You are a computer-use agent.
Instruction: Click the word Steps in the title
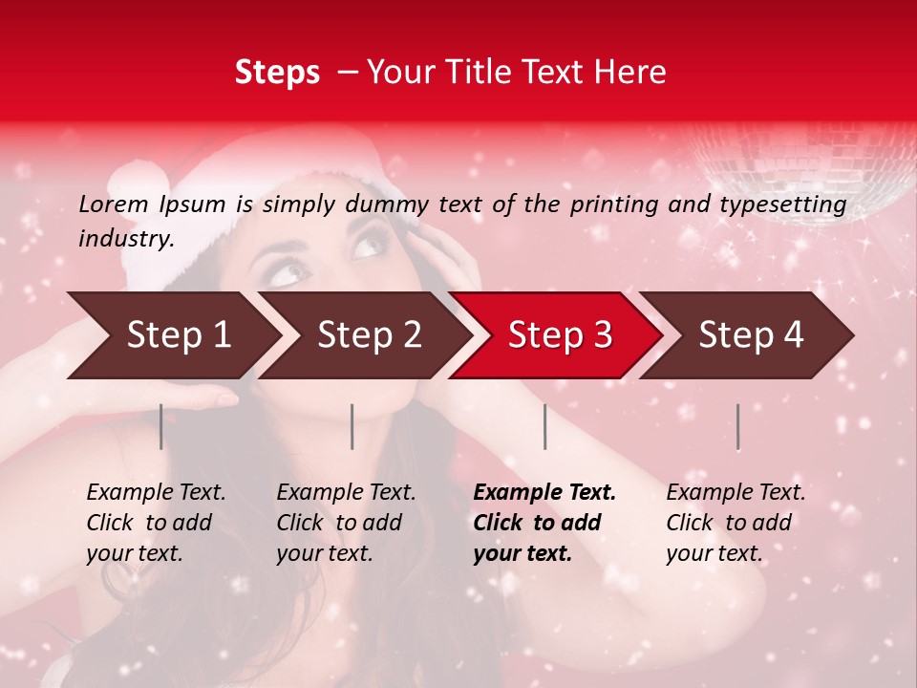[277, 73]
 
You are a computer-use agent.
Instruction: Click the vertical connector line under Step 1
[160, 426]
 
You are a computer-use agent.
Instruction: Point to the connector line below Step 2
[352, 426]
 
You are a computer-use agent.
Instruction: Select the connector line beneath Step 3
[544, 426]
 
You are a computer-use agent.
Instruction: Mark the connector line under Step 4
[737, 426]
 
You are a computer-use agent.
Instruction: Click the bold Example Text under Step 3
[544, 523]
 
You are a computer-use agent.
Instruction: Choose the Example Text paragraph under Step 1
[156, 523]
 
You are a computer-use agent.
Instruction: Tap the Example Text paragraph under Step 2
[346, 523]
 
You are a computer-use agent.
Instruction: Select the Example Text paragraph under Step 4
[736, 523]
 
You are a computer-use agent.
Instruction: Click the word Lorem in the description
[114, 204]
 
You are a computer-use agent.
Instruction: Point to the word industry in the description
[126, 238]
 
